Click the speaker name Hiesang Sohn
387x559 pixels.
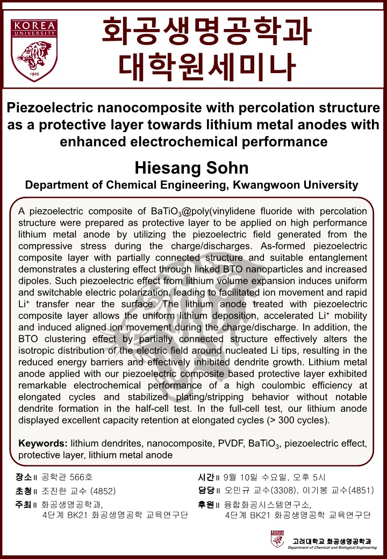pos(192,168)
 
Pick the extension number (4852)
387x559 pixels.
pos(103,491)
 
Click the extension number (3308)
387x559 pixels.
pos(289,491)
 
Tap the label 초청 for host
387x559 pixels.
pos(24,491)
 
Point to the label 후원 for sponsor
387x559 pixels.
pos(206,504)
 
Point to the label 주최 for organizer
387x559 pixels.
pos(24,504)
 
